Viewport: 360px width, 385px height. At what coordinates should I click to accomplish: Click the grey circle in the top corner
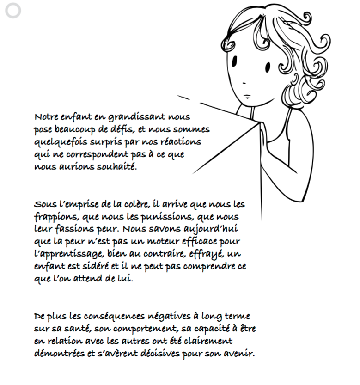13,12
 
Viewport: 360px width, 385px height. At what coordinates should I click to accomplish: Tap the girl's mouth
247,96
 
